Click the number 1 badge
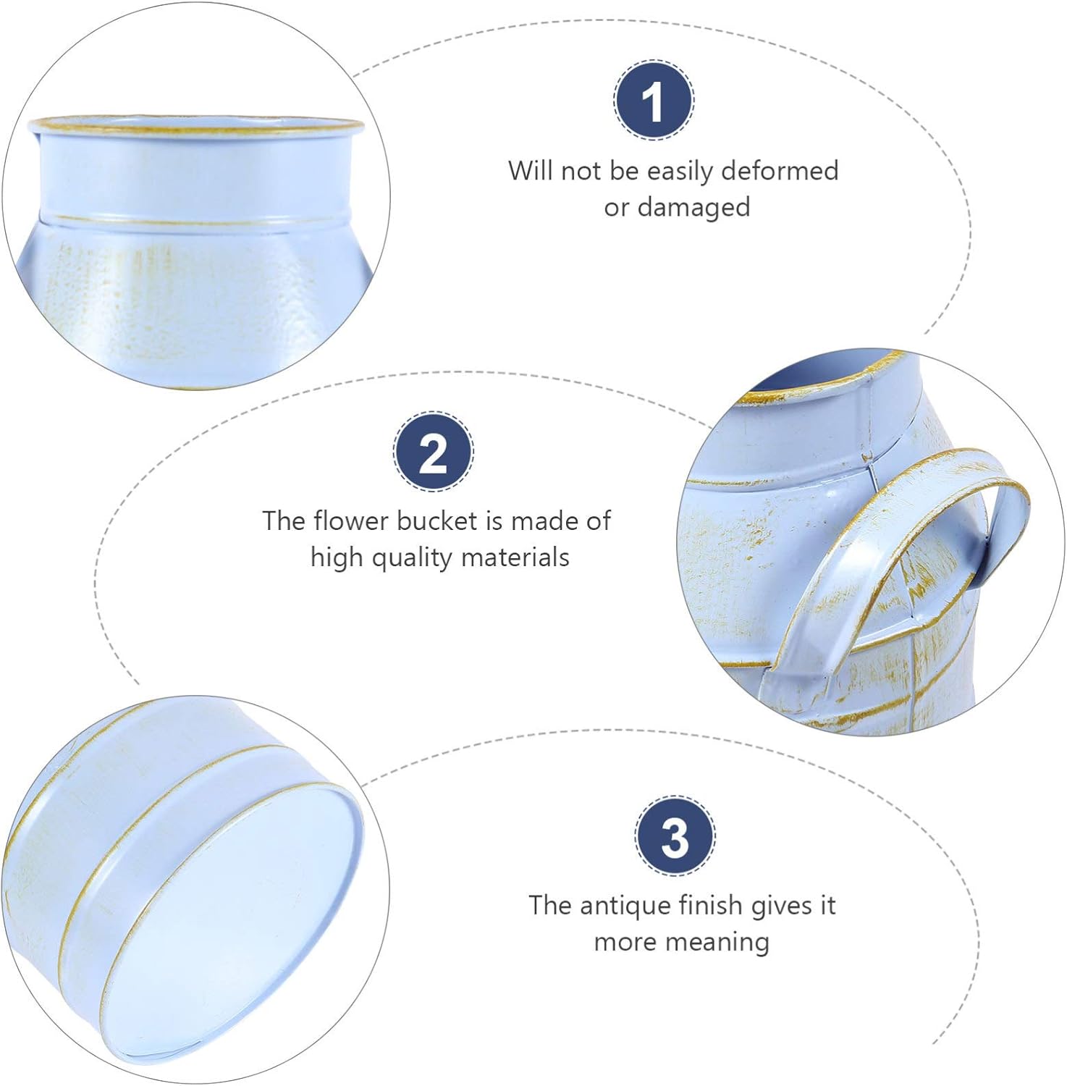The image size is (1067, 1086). click(654, 101)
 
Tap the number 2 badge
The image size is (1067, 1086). click(434, 452)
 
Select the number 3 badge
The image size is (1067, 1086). click(675, 835)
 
